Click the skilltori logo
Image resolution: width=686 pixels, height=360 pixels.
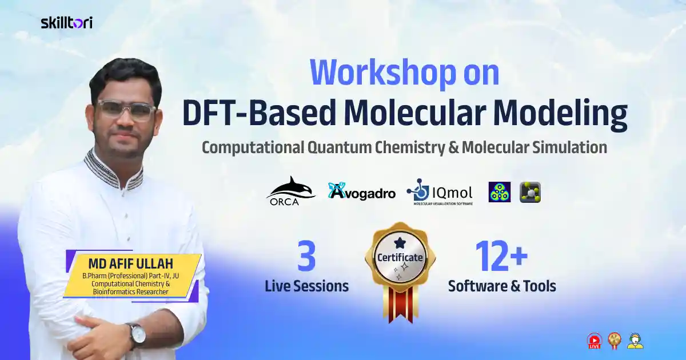(66, 22)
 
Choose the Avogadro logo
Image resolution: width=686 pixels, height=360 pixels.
(361, 191)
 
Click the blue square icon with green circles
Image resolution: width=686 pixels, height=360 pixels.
(500, 193)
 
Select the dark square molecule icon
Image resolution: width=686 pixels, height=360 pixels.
(530, 193)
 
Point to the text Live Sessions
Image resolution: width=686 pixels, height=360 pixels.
(306, 286)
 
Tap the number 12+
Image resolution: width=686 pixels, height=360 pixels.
(502, 257)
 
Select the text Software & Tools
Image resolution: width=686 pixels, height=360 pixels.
(502, 286)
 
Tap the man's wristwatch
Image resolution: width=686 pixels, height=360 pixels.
(137, 335)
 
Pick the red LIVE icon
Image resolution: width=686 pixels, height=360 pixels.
(595, 341)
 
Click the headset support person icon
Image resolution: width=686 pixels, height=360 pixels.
(635, 341)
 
